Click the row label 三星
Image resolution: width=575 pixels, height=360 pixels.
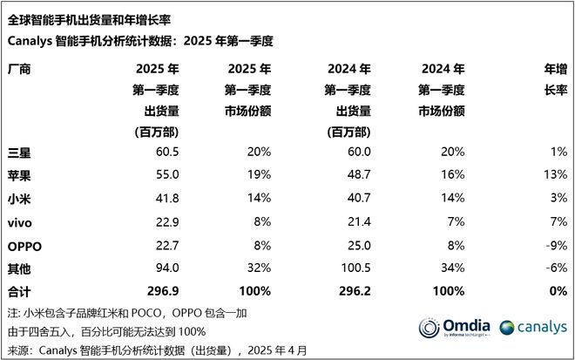pos(20,153)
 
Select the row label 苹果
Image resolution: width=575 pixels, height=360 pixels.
pos(20,175)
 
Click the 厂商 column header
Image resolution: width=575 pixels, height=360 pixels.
pos(20,69)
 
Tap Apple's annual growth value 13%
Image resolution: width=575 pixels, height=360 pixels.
pos(553,175)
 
